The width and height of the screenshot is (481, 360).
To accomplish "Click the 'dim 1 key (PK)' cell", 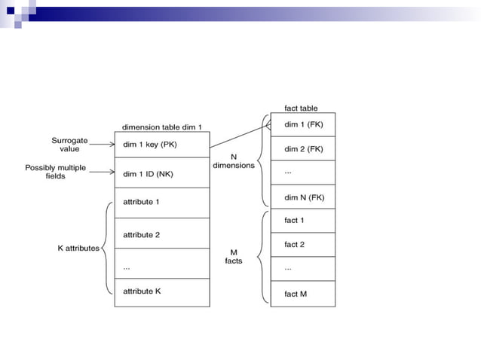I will coord(161,145).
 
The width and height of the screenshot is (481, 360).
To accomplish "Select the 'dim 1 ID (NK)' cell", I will coord(161,173).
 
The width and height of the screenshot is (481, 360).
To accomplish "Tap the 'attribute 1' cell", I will coord(161,203).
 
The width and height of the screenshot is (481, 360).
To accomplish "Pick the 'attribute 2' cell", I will coord(161,234).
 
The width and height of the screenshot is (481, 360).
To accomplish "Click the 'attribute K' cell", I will coord(161,291).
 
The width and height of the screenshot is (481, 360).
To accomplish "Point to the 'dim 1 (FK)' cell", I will coord(302,124).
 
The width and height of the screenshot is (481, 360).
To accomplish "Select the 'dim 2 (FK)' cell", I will coord(302,149).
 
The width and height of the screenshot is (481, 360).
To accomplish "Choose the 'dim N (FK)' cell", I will coord(302,197).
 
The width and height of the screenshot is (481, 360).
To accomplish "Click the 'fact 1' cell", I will coord(302,221).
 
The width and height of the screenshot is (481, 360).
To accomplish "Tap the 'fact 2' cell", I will coord(302,245).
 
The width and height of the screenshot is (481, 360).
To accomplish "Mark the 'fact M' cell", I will coord(302,294).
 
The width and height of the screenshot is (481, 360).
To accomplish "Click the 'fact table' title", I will coord(301,108).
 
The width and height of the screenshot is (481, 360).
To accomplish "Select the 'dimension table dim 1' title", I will coord(161,127).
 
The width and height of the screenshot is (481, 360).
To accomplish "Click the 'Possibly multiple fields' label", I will coord(55,172).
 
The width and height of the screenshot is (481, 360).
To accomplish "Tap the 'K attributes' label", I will coord(78,248).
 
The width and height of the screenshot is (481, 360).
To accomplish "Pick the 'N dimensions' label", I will coord(234,160).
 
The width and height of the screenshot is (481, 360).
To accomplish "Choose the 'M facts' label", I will coord(233,256).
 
